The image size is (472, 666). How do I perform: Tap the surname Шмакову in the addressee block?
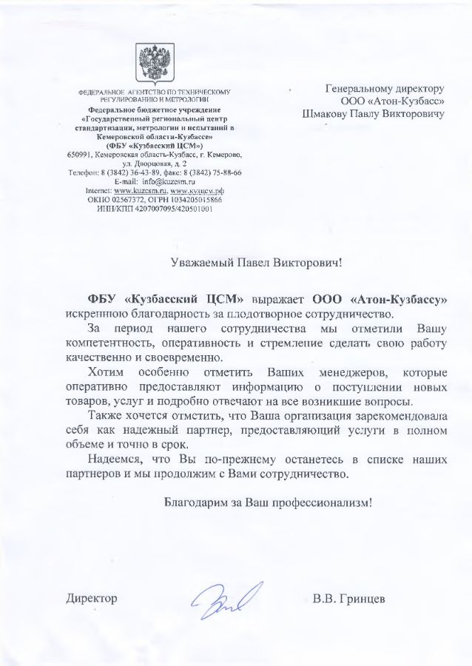(x=328, y=115)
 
